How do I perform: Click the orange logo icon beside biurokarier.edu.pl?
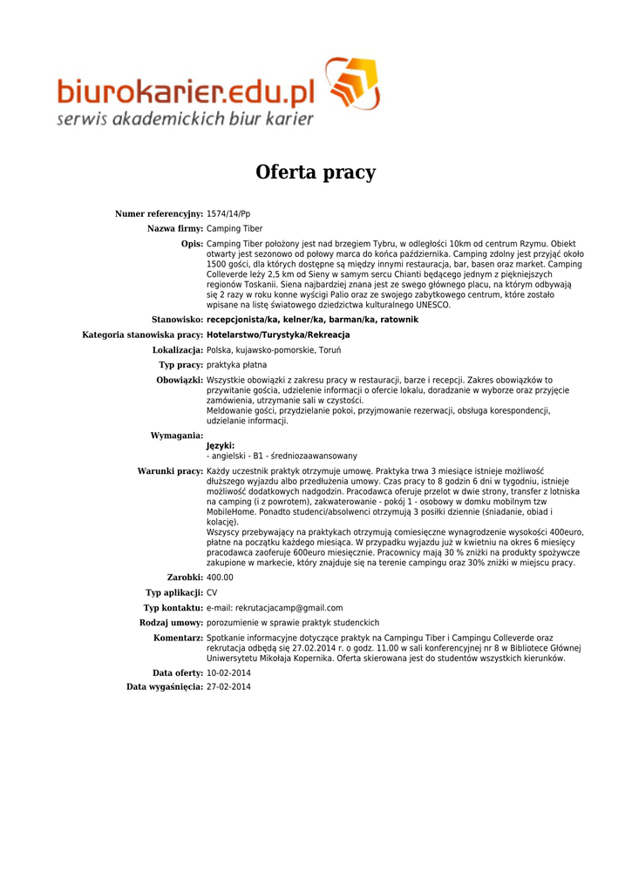click(352, 84)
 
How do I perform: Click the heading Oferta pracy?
click(316, 172)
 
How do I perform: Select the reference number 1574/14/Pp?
click(228, 214)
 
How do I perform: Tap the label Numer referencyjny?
click(159, 214)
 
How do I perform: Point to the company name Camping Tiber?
click(234, 229)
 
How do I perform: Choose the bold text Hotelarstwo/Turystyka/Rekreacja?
click(278, 334)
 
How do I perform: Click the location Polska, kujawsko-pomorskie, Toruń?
click(274, 350)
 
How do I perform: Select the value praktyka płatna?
click(237, 365)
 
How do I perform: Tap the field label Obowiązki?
click(180, 381)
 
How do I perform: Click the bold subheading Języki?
click(221, 446)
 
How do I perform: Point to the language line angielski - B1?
click(282, 456)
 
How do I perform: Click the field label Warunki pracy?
click(170, 471)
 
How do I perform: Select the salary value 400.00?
click(220, 578)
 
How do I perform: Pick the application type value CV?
click(212, 592)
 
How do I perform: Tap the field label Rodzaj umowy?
click(171, 623)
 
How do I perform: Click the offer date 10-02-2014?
click(228, 673)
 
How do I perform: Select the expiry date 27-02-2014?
click(228, 687)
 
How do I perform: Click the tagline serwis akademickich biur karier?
click(185, 119)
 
